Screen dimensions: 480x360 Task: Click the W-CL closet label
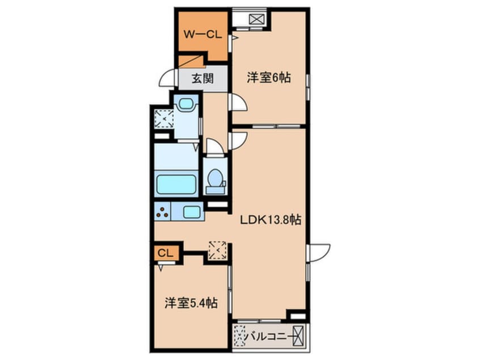coord(203,34)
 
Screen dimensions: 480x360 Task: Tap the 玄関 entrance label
coord(203,79)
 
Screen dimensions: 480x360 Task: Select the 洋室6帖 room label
coord(269,78)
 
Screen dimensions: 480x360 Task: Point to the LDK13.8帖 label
coord(270,220)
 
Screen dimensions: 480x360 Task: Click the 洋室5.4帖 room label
coord(191,303)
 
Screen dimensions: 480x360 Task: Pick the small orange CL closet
coord(166,253)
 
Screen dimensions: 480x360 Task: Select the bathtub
coord(176,184)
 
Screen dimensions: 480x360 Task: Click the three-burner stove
coord(162,211)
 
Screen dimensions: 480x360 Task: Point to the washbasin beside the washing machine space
coord(186,103)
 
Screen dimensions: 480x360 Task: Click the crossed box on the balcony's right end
coord(298,336)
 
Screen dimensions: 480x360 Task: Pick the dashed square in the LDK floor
coord(217,250)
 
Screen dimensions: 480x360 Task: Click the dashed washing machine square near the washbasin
coord(164,118)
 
